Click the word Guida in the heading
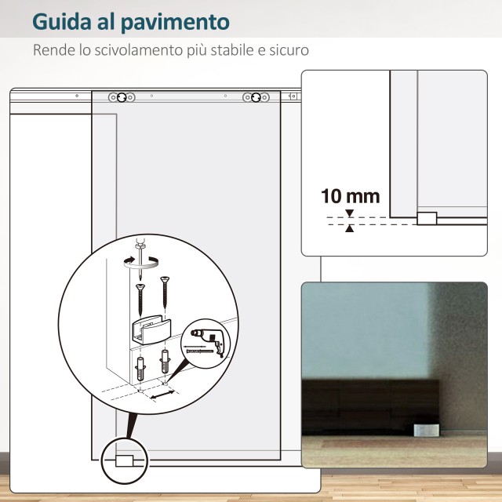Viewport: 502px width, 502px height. (62, 22)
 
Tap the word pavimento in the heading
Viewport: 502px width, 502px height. (176, 23)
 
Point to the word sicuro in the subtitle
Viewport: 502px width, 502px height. (289, 50)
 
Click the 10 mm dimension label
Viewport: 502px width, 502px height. (351, 196)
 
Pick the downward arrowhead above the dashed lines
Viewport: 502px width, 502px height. (350, 213)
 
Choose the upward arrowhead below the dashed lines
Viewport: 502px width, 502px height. (350, 228)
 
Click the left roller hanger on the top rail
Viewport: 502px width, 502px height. (122, 97)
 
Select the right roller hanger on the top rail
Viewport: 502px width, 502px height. (256, 97)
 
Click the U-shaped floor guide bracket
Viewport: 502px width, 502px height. (151, 329)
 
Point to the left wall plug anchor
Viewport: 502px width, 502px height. (140, 369)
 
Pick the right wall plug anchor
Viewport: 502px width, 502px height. (165, 362)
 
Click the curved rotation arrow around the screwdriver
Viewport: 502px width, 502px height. (141, 263)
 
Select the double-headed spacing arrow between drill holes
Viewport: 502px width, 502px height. (162, 395)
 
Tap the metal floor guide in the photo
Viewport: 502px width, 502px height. (426, 430)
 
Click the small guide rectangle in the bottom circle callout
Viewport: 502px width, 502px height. (124, 460)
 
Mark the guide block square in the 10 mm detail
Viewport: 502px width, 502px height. (427, 218)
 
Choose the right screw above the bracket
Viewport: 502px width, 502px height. (165, 291)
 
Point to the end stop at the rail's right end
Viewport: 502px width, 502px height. (293, 96)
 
